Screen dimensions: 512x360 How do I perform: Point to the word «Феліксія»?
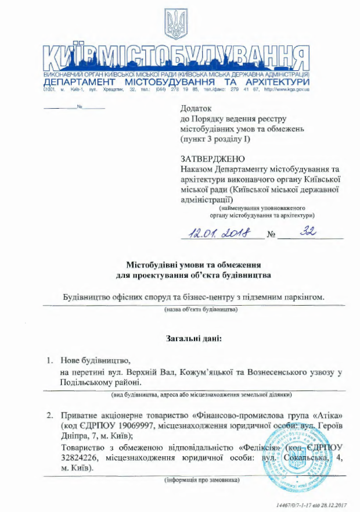264,447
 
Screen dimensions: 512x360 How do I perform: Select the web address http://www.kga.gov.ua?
286,89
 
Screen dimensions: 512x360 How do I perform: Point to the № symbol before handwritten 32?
271,235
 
